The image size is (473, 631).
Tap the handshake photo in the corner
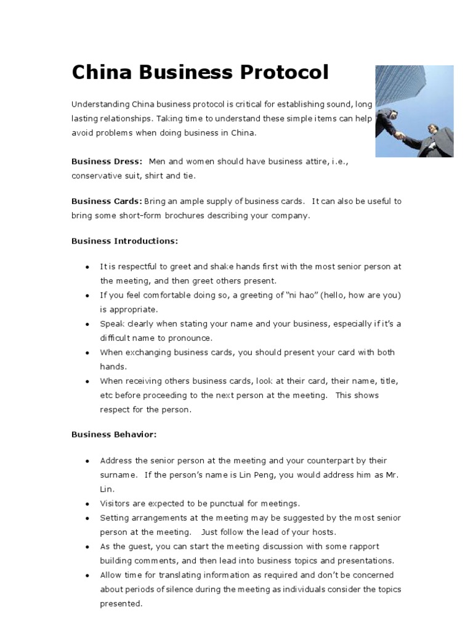pyautogui.click(x=414, y=111)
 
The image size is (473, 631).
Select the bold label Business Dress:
pyautogui.click(x=107, y=161)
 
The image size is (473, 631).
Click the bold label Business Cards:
pyautogui.click(x=107, y=202)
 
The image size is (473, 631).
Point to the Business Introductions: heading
pyautogui.click(x=124, y=241)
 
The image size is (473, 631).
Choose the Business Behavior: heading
pyautogui.click(x=114, y=434)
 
